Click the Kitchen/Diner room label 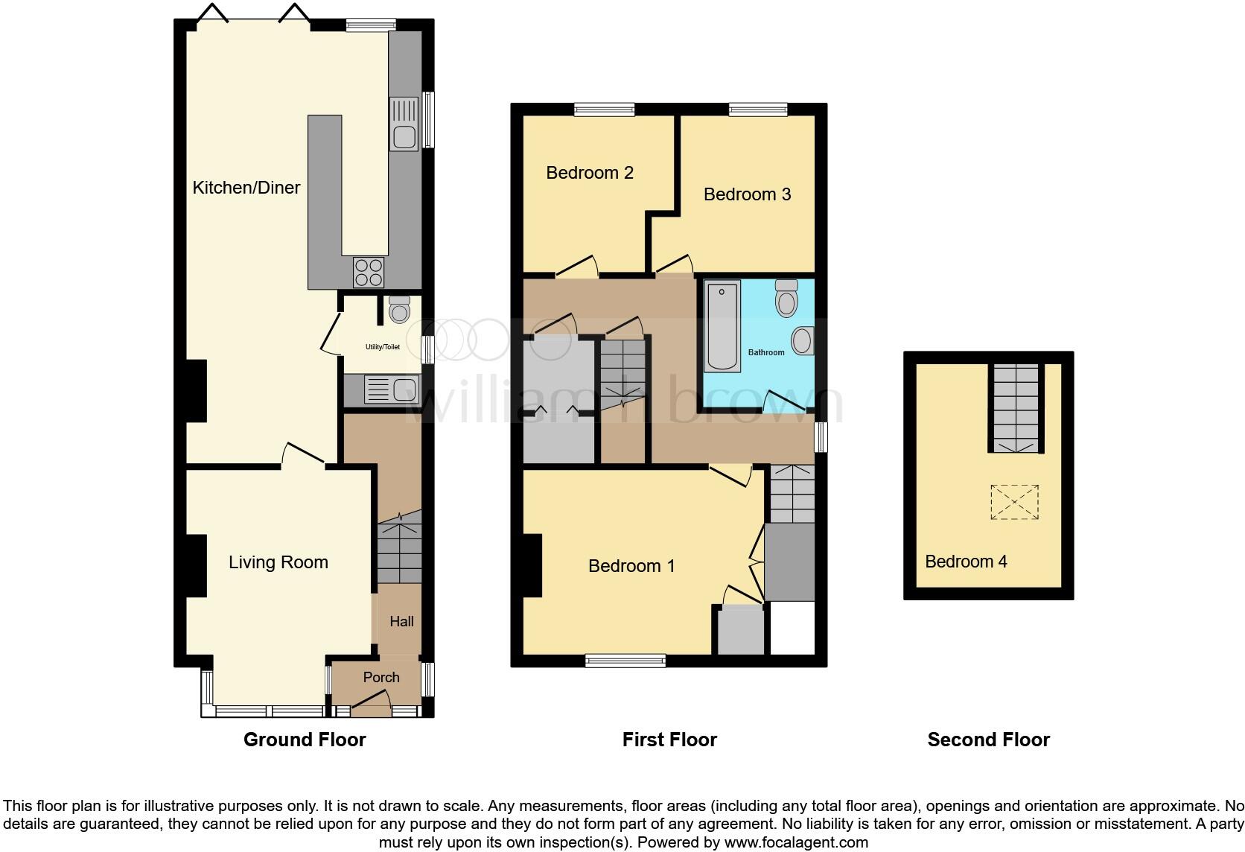pyautogui.click(x=246, y=188)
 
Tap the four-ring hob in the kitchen pyautogui.click(x=369, y=272)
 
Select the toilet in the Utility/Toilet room pyautogui.click(x=400, y=309)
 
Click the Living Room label pyautogui.click(x=278, y=562)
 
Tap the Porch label pyautogui.click(x=381, y=677)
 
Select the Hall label pyautogui.click(x=401, y=621)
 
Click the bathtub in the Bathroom pyautogui.click(x=722, y=325)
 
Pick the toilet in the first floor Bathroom pyautogui.click(x=786, y=299)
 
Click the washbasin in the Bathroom pyautogui.click(x=802, y=340)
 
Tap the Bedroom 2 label pyautogui.click(x=589, y=173)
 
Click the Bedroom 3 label pyautogui.click(x=747, y=194)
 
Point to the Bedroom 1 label pyautogui.click(x=631, y=566)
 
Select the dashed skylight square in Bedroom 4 pyautogui.click(x=1014, y=502)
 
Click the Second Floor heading pyautogui.click(x=988, y=740)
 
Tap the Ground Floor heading pyautogui.click(x=305, y=740)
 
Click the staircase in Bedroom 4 pyautogui.click(x=1014, y=408)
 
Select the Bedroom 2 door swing pyautogui.click(x=579, y=266)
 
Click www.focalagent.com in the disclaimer pyautogui.click(x=796, y=842)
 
